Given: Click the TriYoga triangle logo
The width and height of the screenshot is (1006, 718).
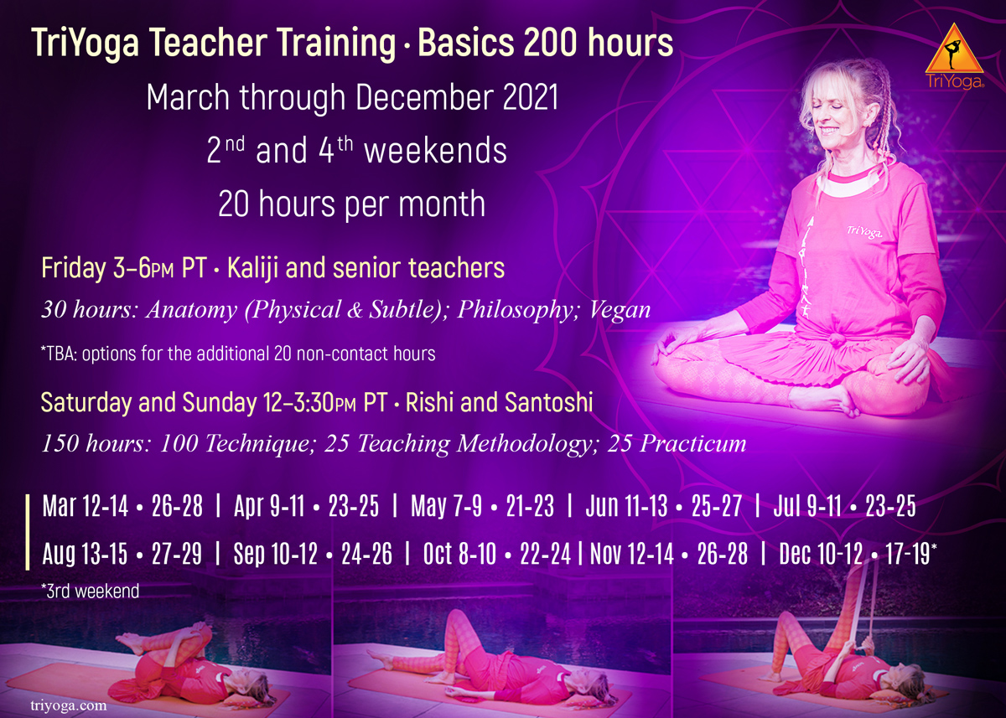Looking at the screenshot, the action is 954,56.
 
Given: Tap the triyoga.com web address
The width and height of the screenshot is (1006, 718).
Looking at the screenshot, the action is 69,705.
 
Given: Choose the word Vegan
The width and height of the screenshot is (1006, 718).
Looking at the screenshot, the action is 620,310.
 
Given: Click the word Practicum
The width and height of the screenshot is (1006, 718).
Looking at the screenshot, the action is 693,443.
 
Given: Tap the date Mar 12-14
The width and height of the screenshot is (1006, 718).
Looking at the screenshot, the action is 86,506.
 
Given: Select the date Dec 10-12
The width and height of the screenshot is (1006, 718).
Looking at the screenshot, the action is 821,553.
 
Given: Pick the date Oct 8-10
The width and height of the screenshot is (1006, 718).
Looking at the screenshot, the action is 459,553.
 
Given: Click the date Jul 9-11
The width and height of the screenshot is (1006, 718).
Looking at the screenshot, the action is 807,506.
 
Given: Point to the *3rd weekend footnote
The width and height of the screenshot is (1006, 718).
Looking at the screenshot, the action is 90,591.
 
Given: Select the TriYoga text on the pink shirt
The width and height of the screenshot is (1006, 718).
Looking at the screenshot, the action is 864,232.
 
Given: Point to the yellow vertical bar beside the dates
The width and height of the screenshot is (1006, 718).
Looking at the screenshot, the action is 28,532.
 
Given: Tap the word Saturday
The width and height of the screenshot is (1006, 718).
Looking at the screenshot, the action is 86,402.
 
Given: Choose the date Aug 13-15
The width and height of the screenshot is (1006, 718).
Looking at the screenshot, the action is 85,553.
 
